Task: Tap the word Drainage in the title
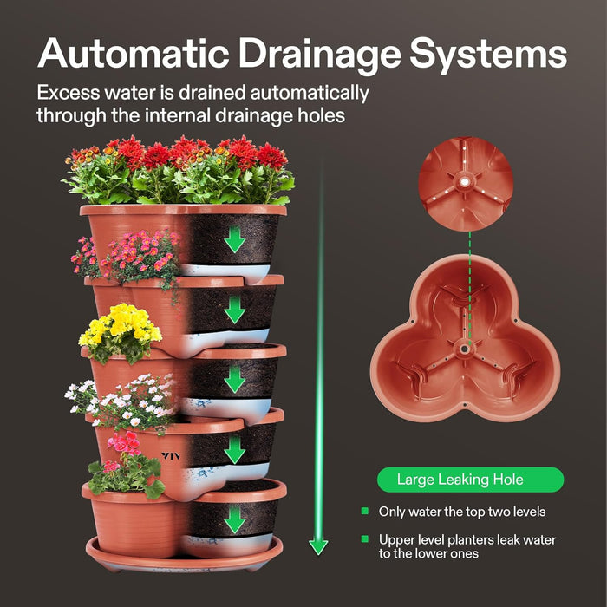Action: coord(322,54)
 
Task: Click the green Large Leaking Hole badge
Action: coord(470,480)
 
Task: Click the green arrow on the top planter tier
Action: coord(234,238)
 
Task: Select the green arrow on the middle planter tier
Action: coord(234,379)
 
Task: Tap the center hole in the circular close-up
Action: coord(465,181)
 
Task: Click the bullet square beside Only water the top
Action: coord(364,512)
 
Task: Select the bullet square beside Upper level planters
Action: coord(364,539)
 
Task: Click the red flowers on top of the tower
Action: coord(182,156)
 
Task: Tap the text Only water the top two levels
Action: coord(461,512)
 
